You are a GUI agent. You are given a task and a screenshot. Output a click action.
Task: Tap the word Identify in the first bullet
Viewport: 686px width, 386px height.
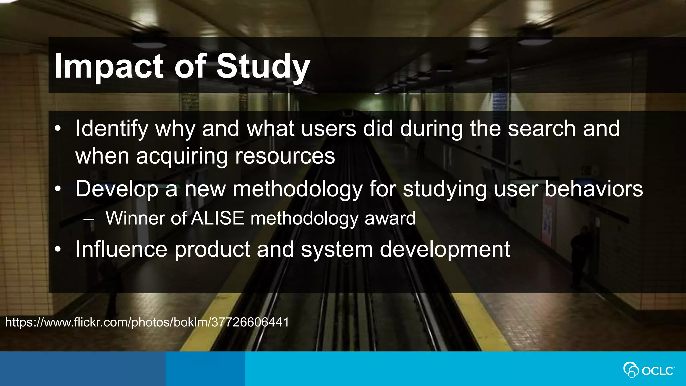(x=112, y=129)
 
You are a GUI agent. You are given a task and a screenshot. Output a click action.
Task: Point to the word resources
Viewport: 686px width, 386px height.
(x=285, y=156)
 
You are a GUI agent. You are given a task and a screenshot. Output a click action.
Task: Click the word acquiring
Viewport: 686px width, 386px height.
(x=182, y=157)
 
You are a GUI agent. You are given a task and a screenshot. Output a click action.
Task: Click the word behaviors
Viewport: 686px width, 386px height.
(x=594, y=189)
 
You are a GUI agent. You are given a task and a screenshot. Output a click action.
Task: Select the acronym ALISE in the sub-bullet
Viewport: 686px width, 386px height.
(x=217, y=218)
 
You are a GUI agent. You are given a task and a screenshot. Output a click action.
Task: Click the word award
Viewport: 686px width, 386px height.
(x=390, y=218)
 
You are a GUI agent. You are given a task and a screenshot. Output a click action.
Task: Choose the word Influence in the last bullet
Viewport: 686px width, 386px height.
(x=121, y=249)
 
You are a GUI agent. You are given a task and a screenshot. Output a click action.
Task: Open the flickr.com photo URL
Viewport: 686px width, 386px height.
(x=147, y=322)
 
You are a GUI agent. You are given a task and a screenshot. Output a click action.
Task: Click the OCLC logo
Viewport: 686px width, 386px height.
(x=648, y=370)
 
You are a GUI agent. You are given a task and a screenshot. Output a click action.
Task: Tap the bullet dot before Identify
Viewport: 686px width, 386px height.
(x=58, y=129)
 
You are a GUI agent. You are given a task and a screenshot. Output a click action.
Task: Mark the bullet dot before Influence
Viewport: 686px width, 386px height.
(x=58, y=249)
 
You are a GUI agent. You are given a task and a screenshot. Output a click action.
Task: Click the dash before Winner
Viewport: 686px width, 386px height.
(x=89, y=220)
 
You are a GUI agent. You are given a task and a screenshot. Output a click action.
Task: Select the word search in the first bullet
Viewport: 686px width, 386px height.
(x=541, y=129)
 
